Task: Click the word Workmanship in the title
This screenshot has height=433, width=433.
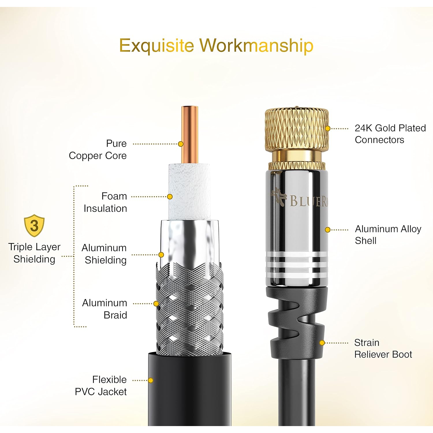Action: point(257,46)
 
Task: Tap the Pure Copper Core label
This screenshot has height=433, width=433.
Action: point(98,149)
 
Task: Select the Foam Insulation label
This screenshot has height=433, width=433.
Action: point(105,202)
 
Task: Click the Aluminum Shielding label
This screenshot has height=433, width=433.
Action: point(104,254)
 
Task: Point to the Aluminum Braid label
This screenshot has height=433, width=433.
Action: point(104,309)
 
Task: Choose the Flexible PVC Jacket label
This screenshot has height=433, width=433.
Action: point(101,385)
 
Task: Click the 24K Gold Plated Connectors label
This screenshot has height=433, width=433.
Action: point(390,134)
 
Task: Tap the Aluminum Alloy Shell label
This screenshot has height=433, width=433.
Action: point(388,235)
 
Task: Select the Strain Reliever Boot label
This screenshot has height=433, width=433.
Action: point(383,348)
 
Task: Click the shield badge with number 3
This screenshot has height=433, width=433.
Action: point(34,226)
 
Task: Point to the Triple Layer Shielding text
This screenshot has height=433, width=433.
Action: point(34,253)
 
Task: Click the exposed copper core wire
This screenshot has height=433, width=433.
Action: point(190,133)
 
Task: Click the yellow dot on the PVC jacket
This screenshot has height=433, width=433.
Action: point(150,380)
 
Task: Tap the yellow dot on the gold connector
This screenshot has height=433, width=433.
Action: point(328,129)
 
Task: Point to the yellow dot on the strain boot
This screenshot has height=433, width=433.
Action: point(322,343)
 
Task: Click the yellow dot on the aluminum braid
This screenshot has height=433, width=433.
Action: point(156,304)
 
